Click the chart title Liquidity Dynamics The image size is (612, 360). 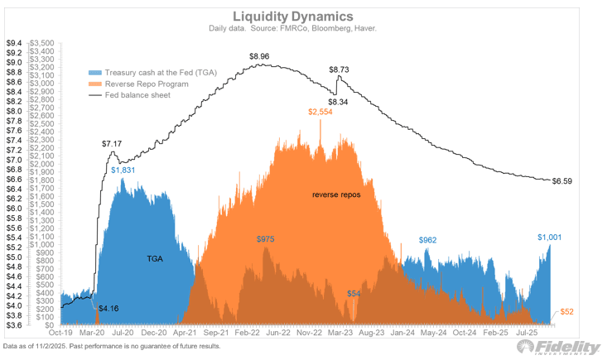pyautogui.click(x=306, y=15)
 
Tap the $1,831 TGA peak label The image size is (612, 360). pyautogui.click(x=123, y=170)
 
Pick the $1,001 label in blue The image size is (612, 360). pyautogui.click(x=549, y=238)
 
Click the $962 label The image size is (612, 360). pyautogui.click(x=427, y=240)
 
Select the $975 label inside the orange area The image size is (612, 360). pyautogui.click(x=266, y=239)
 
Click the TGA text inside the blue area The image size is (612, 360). pyautogui.click(x=155, y=259)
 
